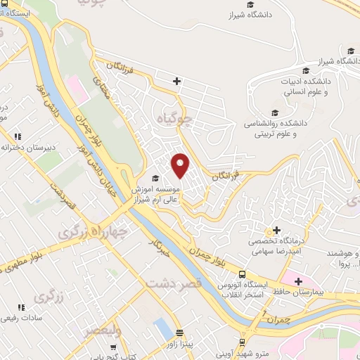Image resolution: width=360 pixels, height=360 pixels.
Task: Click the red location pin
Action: coord(181,165)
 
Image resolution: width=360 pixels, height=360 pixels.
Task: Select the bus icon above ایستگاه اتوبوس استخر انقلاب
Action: coord(243,274)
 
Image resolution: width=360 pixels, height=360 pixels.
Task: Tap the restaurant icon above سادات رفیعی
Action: coord(20,308)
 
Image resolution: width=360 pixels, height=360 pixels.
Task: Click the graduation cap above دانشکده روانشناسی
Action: coord(275,112)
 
